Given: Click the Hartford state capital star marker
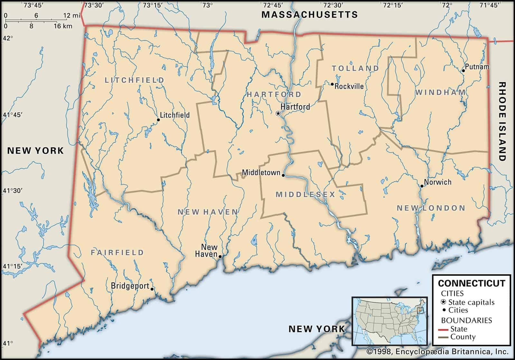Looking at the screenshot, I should tap(278, 113).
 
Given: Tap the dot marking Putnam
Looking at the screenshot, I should tap(463, 71).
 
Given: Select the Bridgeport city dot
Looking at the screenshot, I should tap(152, 289).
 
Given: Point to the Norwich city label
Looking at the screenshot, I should tap(437, 182).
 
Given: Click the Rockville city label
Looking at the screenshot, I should tap(349, 86).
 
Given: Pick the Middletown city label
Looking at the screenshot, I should tap(261, 173).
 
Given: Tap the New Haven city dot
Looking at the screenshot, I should tap(220, 257).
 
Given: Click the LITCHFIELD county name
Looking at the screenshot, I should tap(134, 80).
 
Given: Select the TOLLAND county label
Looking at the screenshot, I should tap(355, 68).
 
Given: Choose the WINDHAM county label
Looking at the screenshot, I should tap(440, 92).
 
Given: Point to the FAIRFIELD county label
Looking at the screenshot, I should tap(117, 252).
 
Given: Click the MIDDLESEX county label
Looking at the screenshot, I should tap(305, 194).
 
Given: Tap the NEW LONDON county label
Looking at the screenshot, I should tap(431, 208).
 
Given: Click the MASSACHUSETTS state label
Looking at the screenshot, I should tap(309, 14).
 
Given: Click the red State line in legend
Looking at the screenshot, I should tap(444, 329).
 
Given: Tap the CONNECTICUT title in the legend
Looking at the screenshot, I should tap(472, 283).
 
